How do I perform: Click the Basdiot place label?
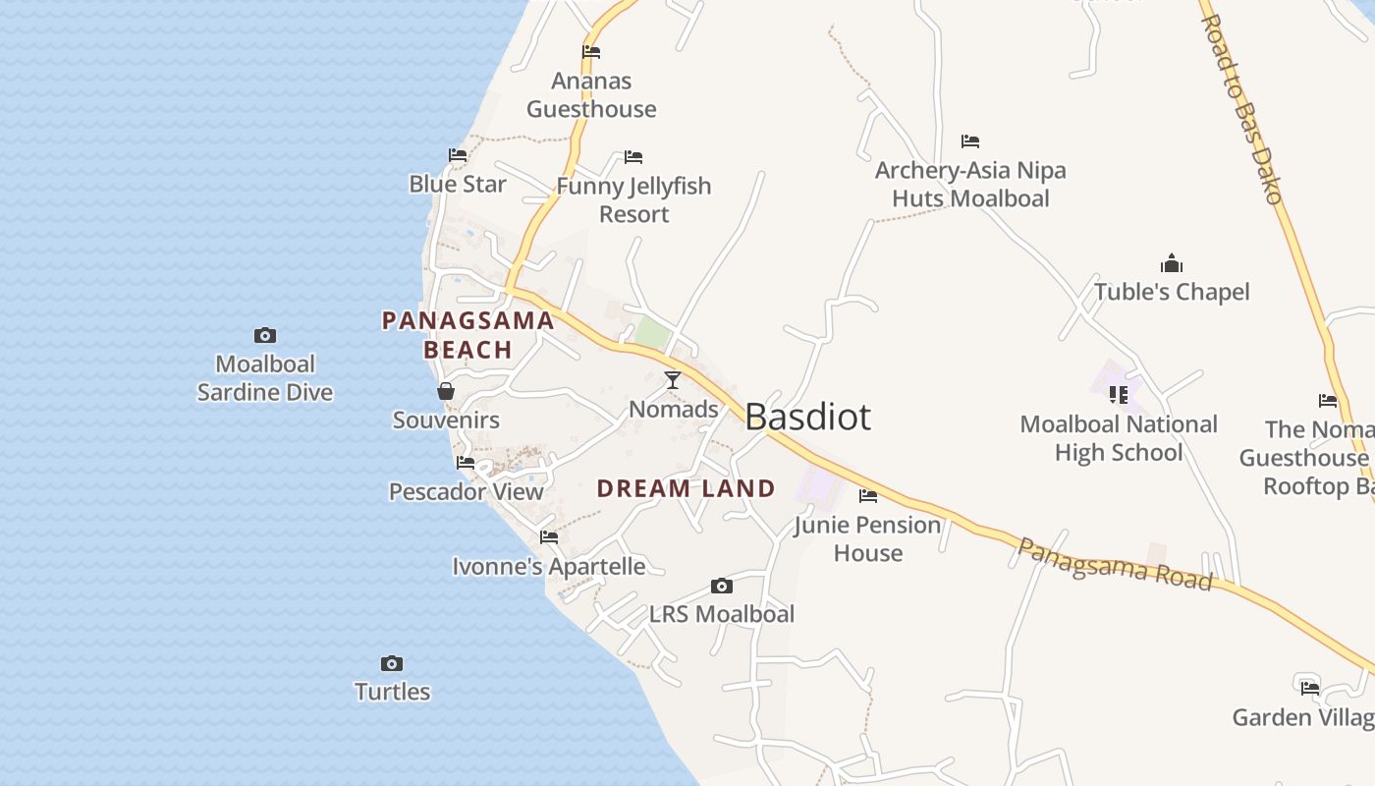click(x=807, y=417)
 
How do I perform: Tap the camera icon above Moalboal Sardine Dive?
click(x=264, y=336)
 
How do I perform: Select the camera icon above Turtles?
click(x=392, y=663)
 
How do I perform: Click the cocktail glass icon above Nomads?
click(x=673, y=380)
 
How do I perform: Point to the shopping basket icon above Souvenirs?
click(x=446, y=391)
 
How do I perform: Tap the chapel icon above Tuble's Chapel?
click(x=1171, y=263)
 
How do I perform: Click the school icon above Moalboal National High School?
click(x=1118, y=395)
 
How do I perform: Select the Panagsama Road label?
click(x=1114, y=564)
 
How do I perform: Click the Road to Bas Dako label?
click(x=1242, y=108)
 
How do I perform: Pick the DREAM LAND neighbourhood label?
click(x=686, y=488)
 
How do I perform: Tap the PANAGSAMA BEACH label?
click(x=468, y=335)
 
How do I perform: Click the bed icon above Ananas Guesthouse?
click(x=591, y=52)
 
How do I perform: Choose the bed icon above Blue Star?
click(x=458, y=155)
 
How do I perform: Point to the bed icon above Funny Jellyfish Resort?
click(x=633, y=157)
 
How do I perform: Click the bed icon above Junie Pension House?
click(x=868, y=496)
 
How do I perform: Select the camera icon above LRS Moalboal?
click(x=722, y=587)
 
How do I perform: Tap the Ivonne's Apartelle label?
click(x=549, y=567)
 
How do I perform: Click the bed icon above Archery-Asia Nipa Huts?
click(x=970, y=141)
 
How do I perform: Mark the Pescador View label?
click(x=467, y=491)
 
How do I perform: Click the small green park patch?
click(x=652, y=332)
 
